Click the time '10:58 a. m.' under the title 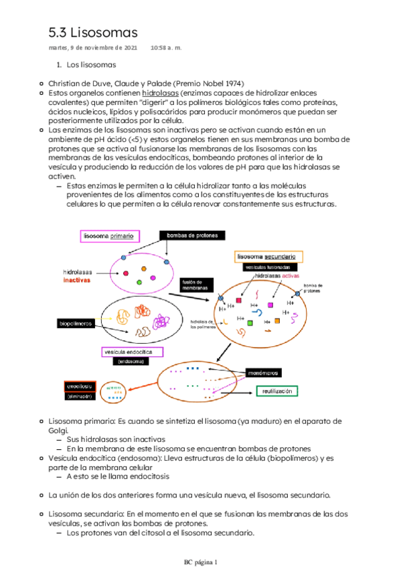(x=166, y=48)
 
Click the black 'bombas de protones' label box (x=193, y=235)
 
